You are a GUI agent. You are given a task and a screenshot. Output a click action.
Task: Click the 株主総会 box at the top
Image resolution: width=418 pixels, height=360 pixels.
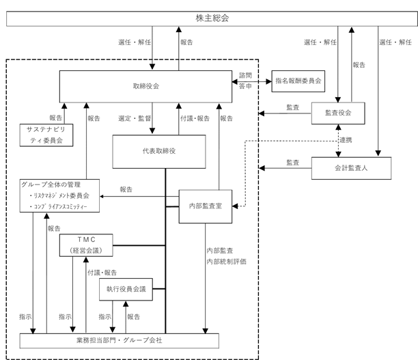point(212,18)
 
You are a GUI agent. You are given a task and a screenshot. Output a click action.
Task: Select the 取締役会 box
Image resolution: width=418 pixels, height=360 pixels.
point(145,86)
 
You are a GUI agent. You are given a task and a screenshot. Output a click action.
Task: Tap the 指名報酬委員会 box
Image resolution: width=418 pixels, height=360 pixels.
point(298,81)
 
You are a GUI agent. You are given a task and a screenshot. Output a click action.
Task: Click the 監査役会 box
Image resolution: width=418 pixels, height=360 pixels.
point(338,113)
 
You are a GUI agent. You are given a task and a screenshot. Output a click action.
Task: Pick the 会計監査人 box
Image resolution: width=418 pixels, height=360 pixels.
point(351,168)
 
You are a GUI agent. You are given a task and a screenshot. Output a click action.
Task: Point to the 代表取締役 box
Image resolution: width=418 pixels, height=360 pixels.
point(159,152)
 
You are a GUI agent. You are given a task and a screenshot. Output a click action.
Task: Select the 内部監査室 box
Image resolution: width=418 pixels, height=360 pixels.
point(206,206)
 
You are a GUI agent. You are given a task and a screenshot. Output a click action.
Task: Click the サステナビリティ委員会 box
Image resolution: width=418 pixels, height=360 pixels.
point(46,135)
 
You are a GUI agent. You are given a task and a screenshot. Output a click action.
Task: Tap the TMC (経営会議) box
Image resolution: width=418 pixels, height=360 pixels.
point(86,245)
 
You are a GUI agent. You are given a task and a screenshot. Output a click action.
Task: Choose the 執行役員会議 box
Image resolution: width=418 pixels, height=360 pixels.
point(126,290)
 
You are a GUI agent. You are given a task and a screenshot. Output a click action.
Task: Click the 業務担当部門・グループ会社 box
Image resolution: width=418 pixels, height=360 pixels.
point(119,341)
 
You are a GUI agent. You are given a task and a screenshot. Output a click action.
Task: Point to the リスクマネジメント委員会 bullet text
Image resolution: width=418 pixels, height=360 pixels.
point(59,196)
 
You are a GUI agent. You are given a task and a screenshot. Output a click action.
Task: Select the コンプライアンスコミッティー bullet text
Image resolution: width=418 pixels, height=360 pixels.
point(58,207)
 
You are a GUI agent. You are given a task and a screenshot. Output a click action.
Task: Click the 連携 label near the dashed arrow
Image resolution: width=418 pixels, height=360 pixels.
point(346,140)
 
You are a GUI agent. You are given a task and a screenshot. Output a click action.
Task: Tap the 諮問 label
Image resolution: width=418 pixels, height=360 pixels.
point(245,75)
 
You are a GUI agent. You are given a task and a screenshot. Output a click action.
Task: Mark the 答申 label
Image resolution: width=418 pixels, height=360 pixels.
point(245,86)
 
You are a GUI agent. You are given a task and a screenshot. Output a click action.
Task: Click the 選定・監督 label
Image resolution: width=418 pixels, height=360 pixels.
point(135,118)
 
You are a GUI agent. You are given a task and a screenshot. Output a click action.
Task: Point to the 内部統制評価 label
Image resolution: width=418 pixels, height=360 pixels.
point(226,262)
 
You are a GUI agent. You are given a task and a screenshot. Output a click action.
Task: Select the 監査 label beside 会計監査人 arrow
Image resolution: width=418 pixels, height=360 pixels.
point(293,163)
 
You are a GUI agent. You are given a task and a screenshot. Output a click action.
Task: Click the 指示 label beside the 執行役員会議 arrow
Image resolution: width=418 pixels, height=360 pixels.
point(105,317)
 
